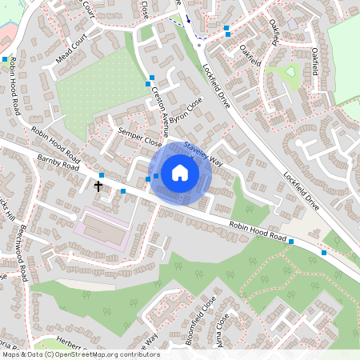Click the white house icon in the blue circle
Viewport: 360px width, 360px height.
coord(180,172)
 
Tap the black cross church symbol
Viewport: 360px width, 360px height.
coord(98,186)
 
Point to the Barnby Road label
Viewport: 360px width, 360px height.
coord(58,163)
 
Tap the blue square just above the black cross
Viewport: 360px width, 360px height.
coord(102,175)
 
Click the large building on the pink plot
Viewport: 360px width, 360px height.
coord(100,230)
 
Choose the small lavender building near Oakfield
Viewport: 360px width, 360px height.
coord(293,24)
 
